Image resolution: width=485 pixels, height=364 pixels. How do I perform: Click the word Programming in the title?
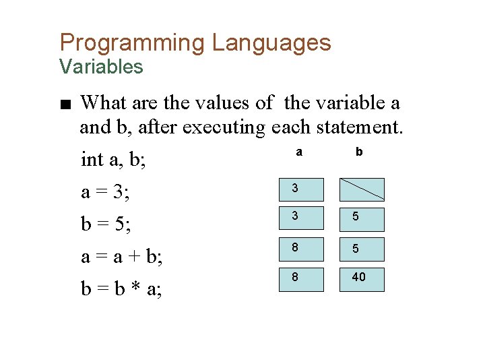[x=132, y=43]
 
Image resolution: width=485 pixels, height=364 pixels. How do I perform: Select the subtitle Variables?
[x=101, y=67]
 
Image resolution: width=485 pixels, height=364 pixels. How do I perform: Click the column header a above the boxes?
[x=299, y=152]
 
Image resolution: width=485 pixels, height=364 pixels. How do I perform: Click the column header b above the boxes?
[x=359, y=152]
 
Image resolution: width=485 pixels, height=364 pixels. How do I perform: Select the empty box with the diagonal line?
[x=362, y=189]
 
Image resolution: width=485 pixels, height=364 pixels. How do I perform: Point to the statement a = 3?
[x=106, y=192]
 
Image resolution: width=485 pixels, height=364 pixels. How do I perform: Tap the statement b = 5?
[x=106, y=224]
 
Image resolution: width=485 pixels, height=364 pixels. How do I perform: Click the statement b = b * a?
[x=121, y=289]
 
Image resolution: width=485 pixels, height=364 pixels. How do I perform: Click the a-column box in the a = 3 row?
[x=302, y=189]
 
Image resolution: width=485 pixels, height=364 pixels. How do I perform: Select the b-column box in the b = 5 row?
[x=362, y=220]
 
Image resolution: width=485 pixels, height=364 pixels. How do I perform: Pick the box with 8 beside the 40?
[x=302, y=279]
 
